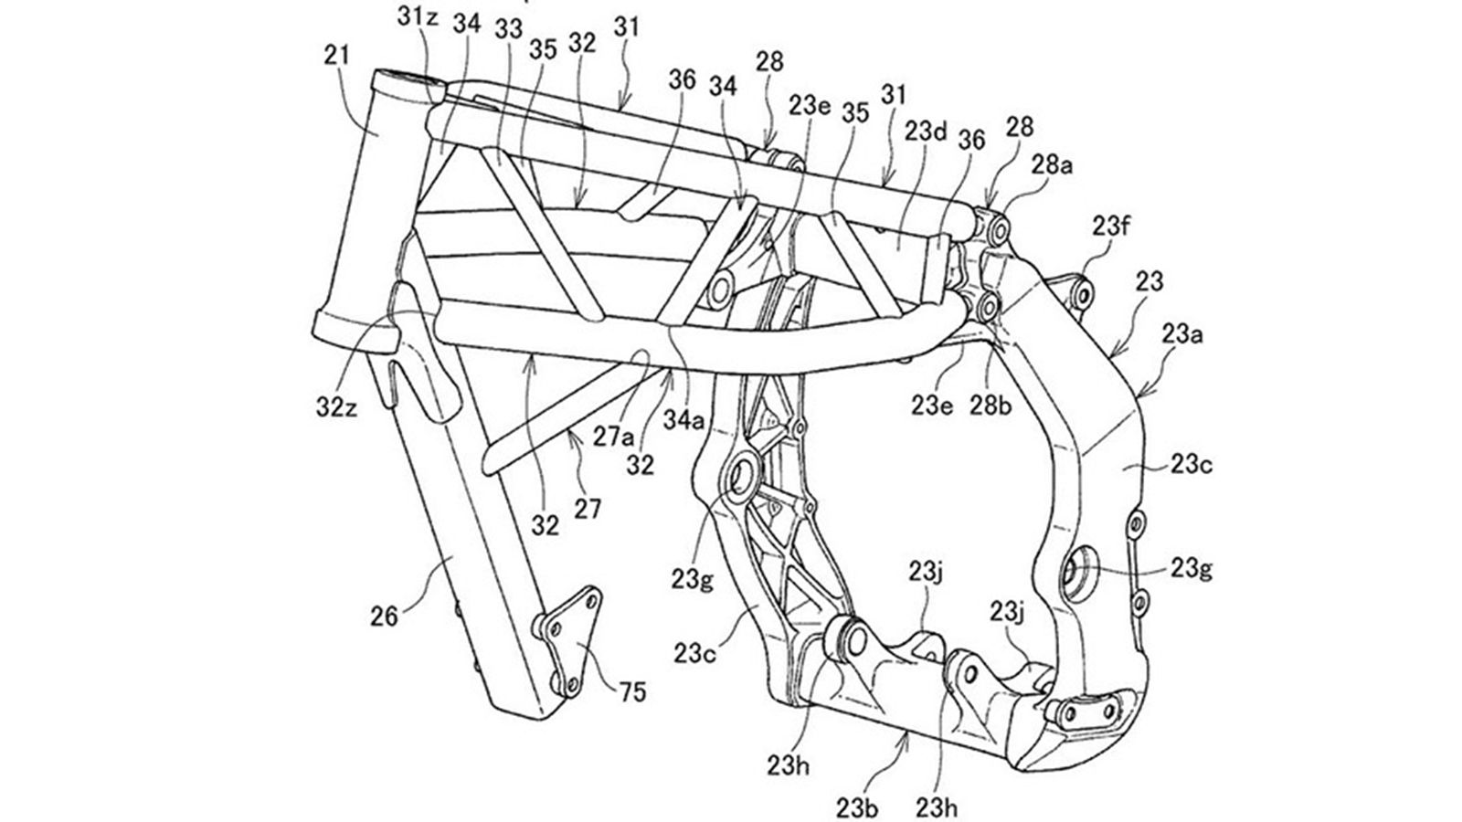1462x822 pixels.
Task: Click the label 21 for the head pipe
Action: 338,57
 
